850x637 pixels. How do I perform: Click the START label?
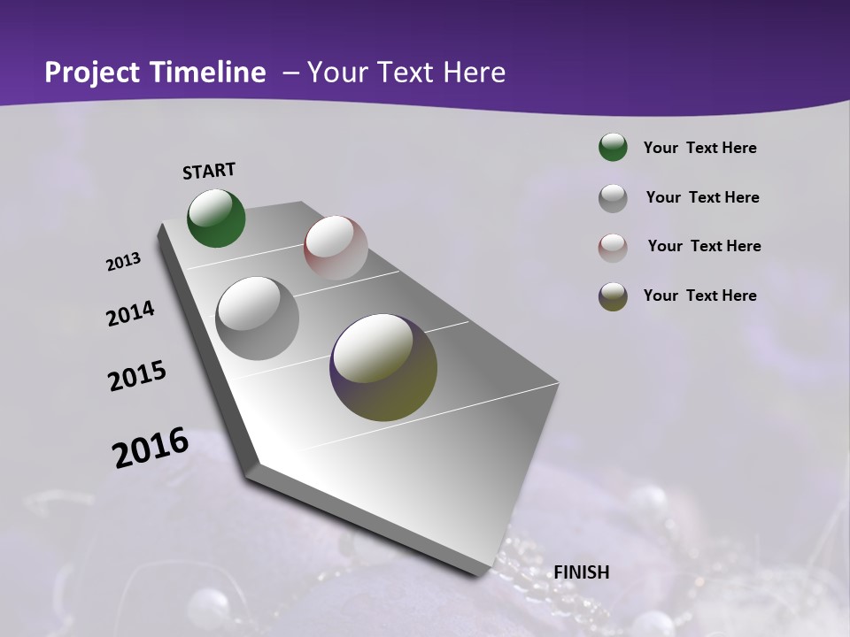coord(209,171)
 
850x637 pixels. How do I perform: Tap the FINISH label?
coord(582,572)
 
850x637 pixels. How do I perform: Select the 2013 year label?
coord(124,262)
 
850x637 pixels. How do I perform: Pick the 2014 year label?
coord(131,314)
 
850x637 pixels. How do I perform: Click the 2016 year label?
coord(151,448)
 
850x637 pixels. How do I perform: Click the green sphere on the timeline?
coord(216,218)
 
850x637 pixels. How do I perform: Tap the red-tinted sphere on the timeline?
coord(336,248)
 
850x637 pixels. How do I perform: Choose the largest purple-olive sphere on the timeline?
coord(383,367)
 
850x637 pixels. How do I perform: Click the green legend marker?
coord(613,147)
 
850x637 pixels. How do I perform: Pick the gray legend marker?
coord(613,198)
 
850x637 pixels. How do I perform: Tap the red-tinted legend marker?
coord(613,248)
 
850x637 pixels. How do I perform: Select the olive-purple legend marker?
coord(613,296)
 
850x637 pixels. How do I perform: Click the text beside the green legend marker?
coord(699,148)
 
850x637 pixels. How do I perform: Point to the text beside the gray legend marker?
coord(702,197)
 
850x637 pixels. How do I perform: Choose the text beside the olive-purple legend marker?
coord(699,295)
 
